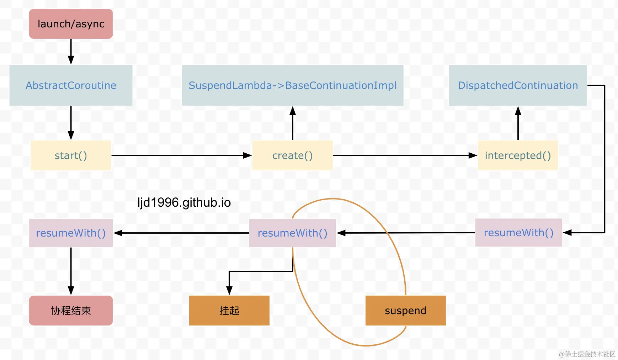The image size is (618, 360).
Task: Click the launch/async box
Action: click(71, 24)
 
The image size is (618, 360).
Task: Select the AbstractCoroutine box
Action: click(71, 85)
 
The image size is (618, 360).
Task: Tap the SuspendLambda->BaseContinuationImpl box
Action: click(292, 85)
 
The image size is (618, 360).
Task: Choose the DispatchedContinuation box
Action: click(518, 85)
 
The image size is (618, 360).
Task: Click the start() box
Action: click(71, 155)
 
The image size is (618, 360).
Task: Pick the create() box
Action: click(292, 155)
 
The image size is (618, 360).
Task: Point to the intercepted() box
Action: click(518, 155)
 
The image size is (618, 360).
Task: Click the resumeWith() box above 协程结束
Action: click(71, 233)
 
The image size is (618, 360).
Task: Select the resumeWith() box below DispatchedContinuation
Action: click(518, 233)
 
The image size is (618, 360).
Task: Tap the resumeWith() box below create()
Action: click(292, 233)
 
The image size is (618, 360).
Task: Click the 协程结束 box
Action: click(71, 311)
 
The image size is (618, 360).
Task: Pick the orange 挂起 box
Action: click(229, 311)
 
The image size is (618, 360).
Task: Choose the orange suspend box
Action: click(405, 311)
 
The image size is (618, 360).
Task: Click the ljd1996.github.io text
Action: click(184, 202)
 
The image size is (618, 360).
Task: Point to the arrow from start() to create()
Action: click(182, 155)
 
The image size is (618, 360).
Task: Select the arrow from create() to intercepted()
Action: click(405, 155)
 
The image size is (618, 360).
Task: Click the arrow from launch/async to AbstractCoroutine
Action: click(71, 52)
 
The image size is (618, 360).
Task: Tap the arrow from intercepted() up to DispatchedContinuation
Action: click(518, 123)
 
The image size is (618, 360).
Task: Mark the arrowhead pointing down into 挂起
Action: click(229, 291)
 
